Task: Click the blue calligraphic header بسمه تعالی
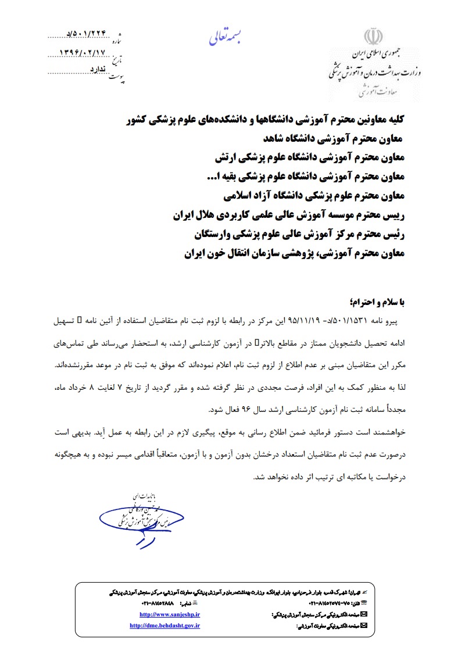(x=228, y=38)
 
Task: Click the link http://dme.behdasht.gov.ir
(x=165, y=625)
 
